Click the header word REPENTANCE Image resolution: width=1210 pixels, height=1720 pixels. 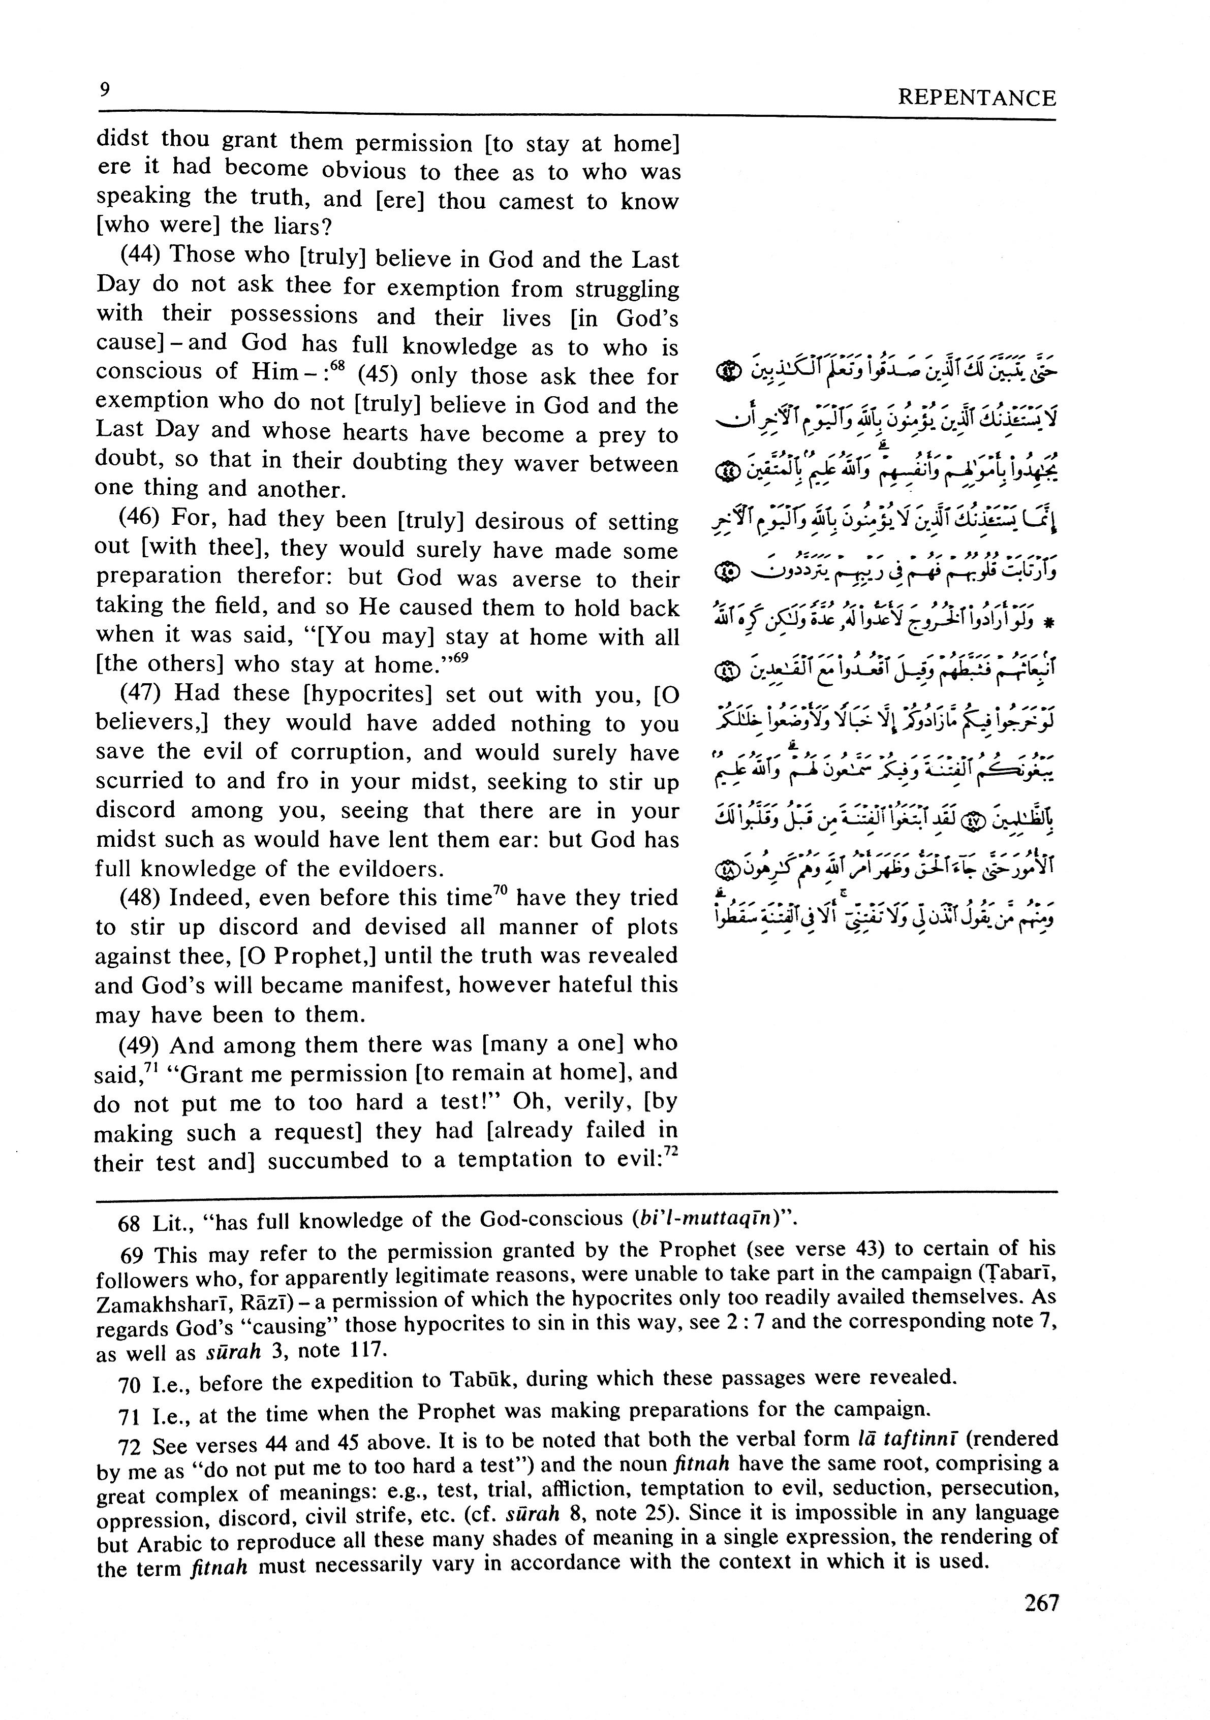click(x=976, y=98)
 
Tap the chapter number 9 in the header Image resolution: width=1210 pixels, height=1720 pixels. click(x=104, y=90)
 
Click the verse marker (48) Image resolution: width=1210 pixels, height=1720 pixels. click(x=142, y=898)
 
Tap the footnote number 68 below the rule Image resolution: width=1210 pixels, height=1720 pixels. click(x=130, y=1223)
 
